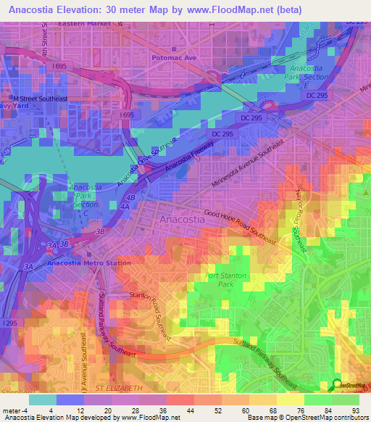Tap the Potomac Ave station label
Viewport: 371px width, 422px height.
[x=173, y=56]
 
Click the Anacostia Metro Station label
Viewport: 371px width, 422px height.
[x=79, y=262]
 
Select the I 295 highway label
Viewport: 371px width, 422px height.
[x=10, y=322]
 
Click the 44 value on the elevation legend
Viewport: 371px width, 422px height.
[x=170, y=410]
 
